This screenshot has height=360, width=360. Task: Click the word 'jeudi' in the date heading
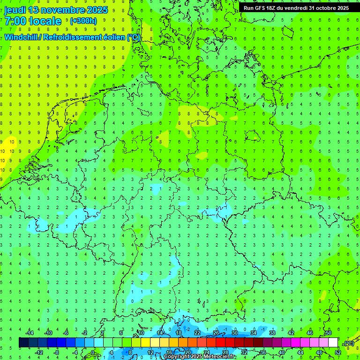click(x=15, y=10)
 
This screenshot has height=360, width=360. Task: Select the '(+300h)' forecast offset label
click(x=83, y=21)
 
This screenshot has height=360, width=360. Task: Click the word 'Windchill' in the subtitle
click(x=22, y=37)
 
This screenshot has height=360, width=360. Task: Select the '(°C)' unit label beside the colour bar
click(x=348, y=343)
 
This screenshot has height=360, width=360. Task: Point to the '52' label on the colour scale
click(x=338, y=352)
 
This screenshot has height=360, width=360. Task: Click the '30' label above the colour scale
click(x=234, y=333)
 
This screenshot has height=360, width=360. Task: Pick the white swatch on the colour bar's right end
click(x=333, y=343)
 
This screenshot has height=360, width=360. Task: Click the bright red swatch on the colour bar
click(x=220, y=343)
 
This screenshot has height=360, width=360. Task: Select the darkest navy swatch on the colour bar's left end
click(x=23, y=343)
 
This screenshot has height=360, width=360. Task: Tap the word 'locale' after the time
click(x=45, y=21)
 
